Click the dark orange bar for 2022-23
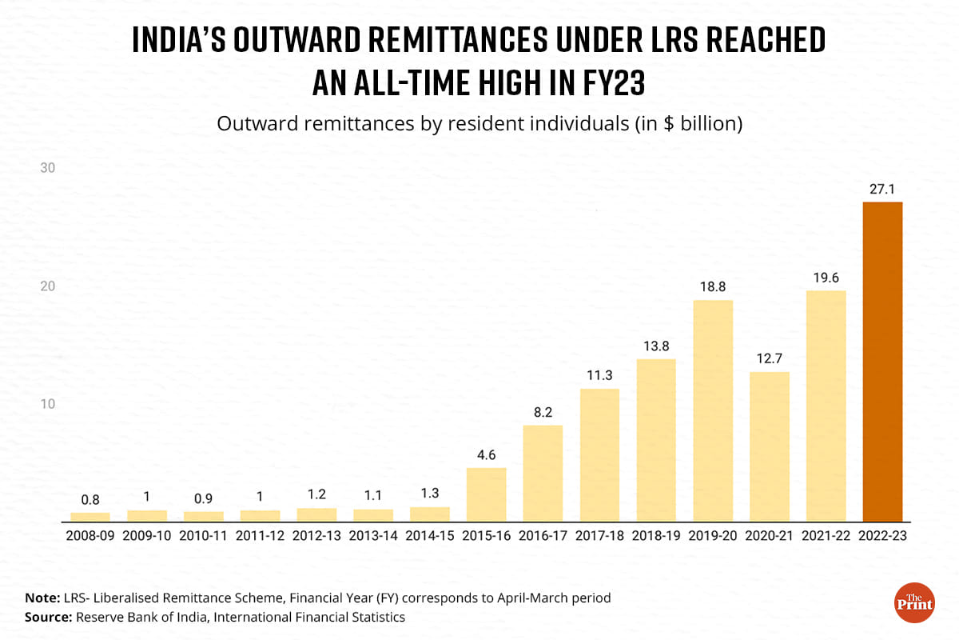pyautogui.click(x=882, y=362)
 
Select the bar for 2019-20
pyautogui.click(x=713, y=411)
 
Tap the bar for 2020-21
pyautogui.click(x=770, y=446)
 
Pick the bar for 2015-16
pyautogui.click(x=487, y=494)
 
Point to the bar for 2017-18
pyautogui.click(x=599, y=455)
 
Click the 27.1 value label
pyautogui.click(x=882, y=190)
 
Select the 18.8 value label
pyautogui.click(x=713, y=287)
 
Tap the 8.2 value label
pyautogui.click(x=543, y=412)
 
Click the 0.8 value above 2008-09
pyautogui.click(x=90, y=499)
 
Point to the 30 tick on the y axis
pyautogui.click(x=47, y=167)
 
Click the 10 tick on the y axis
pyautogui.click(x=47, y=403)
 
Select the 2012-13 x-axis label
pyautogui.click(x=316, y=535)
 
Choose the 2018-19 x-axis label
pyautogui.click(x=656, y=535)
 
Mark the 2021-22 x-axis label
pyautogui.click(x=826, y=535)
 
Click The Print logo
pyautogui.click(x=913, y=603)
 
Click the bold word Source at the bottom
pyautogui.click(x=48, y=617)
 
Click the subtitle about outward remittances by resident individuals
pyautogui.click(x=479, y=125)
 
